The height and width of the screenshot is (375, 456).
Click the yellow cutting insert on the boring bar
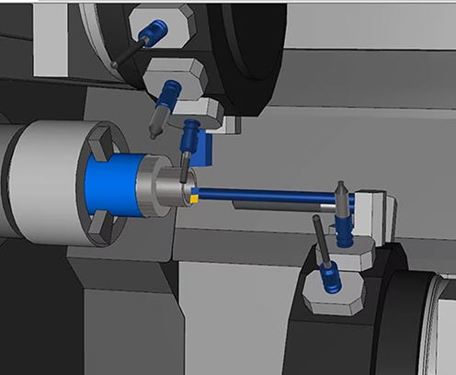[x=195, y=194]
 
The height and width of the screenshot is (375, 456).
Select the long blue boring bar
[x=267, y=195]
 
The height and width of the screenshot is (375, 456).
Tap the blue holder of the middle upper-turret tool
[x=170, y=93]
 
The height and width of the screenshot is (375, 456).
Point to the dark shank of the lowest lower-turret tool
[x=318, y=237]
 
